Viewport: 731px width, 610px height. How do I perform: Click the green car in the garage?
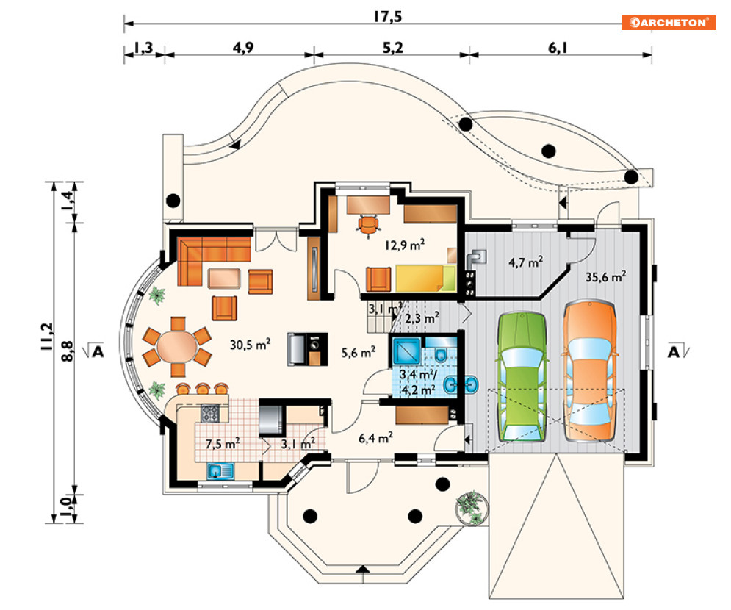[x=522, y=377]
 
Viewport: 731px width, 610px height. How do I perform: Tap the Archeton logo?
[x=668, y=22]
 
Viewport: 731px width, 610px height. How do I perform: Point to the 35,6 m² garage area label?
[x=605, y=277]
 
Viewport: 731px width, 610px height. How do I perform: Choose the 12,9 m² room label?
[x=406, y=244]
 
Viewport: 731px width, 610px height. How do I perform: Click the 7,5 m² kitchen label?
[x=222, y=444]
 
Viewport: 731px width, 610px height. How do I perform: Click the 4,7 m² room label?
[x=525, y=262]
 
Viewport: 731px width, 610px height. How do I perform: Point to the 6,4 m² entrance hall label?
[x=375, y=438]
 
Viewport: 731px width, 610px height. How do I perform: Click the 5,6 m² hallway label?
[x=359, y=353]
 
